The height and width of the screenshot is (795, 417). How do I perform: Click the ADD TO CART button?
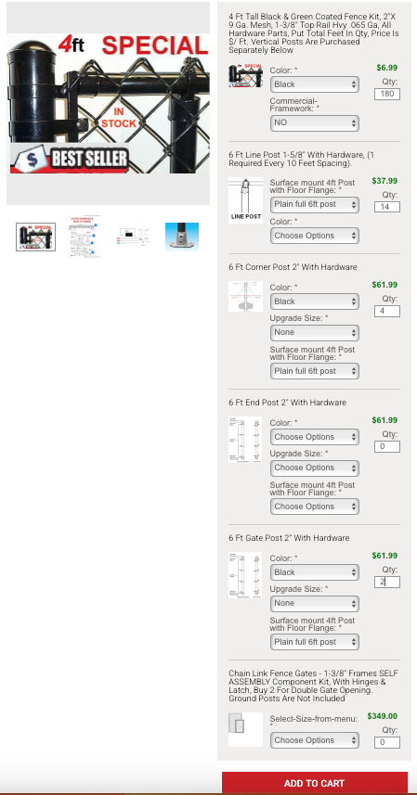314,783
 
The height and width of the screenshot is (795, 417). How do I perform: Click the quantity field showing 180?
387,95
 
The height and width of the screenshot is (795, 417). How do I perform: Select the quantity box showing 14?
387,207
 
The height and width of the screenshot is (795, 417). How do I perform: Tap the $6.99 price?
386,68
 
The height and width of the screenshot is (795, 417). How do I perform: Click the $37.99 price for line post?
384,181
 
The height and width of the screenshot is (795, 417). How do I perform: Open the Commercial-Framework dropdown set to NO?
314,122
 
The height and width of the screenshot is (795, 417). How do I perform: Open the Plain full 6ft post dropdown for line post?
314,204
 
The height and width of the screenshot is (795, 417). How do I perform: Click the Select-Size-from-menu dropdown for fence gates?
314,740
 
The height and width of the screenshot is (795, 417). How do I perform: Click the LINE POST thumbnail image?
246,199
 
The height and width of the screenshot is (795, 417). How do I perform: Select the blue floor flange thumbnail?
182,237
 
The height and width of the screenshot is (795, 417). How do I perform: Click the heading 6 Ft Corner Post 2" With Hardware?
293,267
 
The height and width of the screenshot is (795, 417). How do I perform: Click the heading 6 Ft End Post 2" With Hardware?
287,403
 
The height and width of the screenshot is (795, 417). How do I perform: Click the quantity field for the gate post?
387,582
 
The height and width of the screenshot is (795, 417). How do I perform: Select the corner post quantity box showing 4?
387,311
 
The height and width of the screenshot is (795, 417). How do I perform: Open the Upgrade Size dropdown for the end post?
314,468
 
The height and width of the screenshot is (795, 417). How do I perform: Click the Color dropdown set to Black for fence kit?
314,84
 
